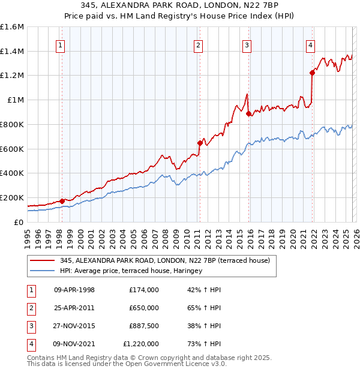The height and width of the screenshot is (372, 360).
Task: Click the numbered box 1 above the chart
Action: pos(61,44)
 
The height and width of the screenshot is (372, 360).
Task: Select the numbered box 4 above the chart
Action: pos(310,44)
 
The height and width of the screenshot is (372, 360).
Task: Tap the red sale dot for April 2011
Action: pos(200,143)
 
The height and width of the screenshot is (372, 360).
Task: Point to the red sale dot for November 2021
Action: pos(312,73)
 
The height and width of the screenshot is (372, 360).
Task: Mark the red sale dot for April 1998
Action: pos(62,201)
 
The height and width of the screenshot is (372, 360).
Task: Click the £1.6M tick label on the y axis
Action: pos(12,27)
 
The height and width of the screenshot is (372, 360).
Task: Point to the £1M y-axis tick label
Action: pos(16,100)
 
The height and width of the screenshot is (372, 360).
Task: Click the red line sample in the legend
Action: pos(42,261)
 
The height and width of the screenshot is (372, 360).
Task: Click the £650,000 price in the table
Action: pos(144,308)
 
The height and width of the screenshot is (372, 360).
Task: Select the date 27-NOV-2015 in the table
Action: pos(74,326)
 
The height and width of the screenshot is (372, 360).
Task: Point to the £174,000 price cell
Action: pos(144,290)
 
